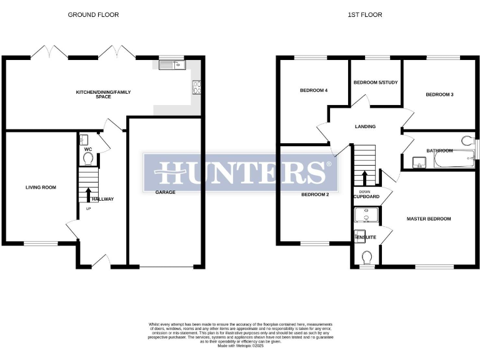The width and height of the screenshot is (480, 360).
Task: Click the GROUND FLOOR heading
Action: point(93,14)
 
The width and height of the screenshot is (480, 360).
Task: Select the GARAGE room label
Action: point(165,192)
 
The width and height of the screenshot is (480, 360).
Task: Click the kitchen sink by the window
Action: point(169,64)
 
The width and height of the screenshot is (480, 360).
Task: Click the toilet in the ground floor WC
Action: point(87,159)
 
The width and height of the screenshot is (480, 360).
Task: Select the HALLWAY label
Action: point(102,199)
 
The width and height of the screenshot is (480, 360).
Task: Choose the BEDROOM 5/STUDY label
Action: point(376,82)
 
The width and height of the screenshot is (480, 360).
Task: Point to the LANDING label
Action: point(365,127)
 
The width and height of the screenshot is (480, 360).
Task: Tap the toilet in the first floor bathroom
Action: point(466,141)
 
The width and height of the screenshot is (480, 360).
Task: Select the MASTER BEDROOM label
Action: point(429,219)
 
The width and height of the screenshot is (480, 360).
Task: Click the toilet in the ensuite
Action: point(367,256)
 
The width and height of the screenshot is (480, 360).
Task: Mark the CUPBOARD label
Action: point(366,196)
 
